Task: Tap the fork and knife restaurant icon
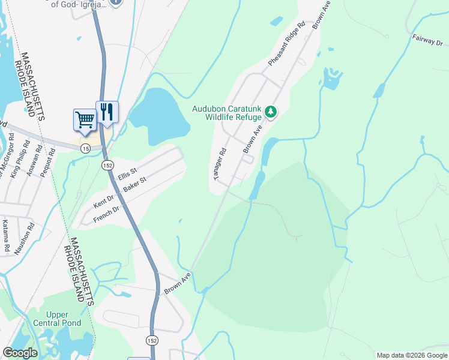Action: tap(107, 112)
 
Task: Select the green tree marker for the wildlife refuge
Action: tap(271, 112)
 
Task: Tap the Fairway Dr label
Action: tap(427, 39)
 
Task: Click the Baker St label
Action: tap(135, 184)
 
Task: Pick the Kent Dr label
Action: tap(103, 201)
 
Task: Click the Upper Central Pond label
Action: tap(63, 319)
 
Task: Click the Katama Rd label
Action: tap(6, 235)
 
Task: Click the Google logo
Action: tap(20, 353)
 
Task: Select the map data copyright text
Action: tap(412, 355)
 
